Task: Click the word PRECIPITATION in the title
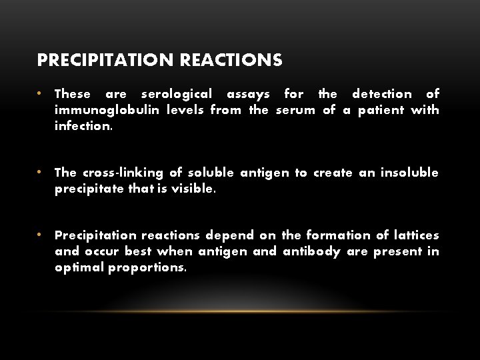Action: pyautogui.click(x=106, y=61)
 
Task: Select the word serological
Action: pyautogui.click(x=177, y=94)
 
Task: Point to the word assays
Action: pyautogui.click(x=248, y=94)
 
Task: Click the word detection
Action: pyautogui.click(x=382, y=94)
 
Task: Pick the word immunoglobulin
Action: pyautogui.click(x=107, y=110)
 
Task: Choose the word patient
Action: pyautogui.click(x=380, y=110)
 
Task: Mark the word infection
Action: pyautogui.click(x=84, y=126)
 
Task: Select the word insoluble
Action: pyautogui.click(x=409, y=173)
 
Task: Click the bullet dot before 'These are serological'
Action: pyautogui.click(x=40, y=93)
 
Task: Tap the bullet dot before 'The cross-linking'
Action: pyautogui.click(x=40, y=172)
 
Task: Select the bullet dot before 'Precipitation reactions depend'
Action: pyautogui.click(x=40, y=235)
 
